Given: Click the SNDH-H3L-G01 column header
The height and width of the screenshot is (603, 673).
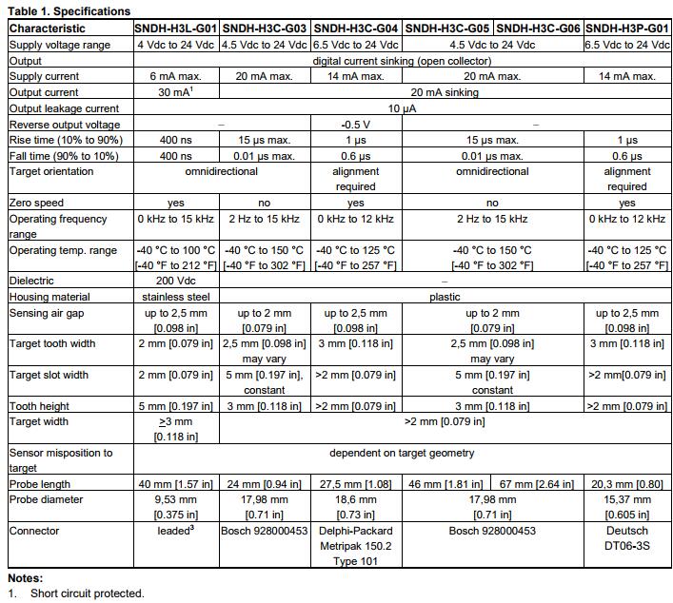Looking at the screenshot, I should point(176,29).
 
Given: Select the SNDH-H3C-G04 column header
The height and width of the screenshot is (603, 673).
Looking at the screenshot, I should point(355,29).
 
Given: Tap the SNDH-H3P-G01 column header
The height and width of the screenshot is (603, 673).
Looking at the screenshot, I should point(627,29).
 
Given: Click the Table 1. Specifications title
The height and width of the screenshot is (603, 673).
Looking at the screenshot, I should point(69,11).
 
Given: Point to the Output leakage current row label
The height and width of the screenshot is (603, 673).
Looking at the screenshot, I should point(64,108).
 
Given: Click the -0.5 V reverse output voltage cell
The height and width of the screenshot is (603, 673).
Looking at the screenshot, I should point(355,125).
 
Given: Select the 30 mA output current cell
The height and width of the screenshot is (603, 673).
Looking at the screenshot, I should point(176,92).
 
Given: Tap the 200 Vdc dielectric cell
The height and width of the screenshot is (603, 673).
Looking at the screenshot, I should point(176,282).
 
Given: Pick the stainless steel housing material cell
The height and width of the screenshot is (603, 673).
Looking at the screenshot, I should point(176,297).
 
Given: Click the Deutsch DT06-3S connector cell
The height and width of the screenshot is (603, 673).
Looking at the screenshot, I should point(627,538).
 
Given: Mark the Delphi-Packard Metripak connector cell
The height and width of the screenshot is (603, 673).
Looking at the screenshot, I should point(355,546).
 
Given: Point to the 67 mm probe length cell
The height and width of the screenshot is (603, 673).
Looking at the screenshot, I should point(538,484).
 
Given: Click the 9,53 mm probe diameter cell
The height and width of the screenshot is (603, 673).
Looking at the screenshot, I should point(176,507).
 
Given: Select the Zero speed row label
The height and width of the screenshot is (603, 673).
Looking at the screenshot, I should point(37,203).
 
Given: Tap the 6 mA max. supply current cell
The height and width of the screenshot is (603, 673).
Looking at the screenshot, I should point(176,76).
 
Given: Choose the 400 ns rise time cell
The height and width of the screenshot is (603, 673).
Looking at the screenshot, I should point(176,140).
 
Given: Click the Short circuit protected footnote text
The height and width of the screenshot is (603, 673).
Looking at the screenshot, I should point(87,593).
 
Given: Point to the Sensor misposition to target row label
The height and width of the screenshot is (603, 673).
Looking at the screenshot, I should point(61,460).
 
